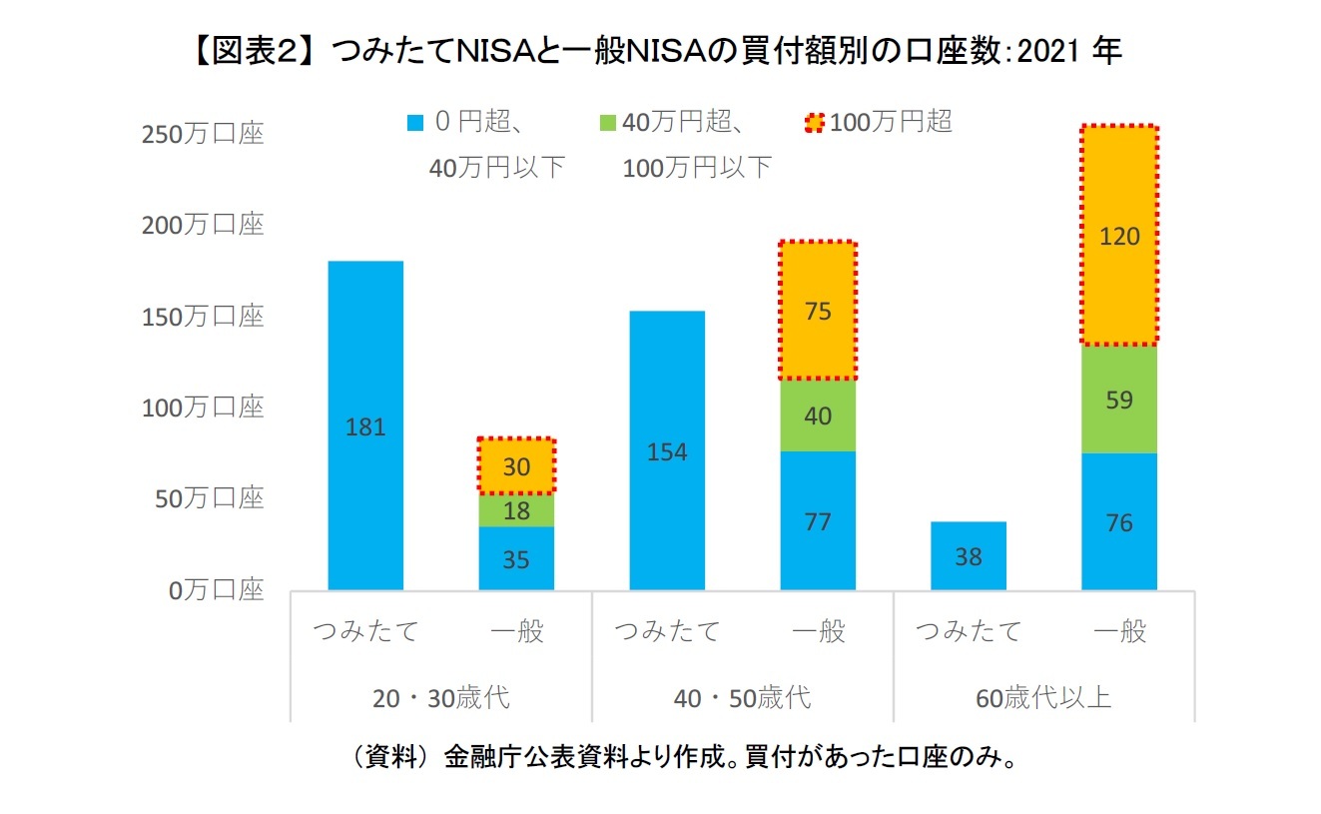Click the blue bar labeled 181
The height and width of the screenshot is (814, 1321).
(x=365, y=425)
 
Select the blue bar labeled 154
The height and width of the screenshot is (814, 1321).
(x=667, y=450)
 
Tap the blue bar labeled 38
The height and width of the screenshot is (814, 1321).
(x=968, y=556)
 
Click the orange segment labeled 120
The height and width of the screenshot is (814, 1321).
(x=1119, y=236)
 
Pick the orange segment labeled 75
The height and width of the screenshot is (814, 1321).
(x=818, y=311)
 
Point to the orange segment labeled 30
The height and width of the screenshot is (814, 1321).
(x=516, y=466)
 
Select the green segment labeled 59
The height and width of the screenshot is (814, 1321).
(x=1119, y=400)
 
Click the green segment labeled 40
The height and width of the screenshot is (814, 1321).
(x=818, y=415)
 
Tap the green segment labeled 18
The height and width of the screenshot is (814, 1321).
(x=516, y=510)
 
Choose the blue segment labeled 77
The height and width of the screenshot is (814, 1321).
(x=818, y=521)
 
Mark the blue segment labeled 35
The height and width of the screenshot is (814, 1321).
(x=516, y=558)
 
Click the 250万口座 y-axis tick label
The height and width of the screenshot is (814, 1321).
(x=203, y=134)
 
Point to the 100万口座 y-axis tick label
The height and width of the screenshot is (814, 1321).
(x=203, y=407)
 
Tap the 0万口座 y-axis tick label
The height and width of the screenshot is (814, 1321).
(x=216, y=590)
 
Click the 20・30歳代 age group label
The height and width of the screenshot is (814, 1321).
(x=440, y=697)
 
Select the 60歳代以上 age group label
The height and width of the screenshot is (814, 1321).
(x=1043, y=697)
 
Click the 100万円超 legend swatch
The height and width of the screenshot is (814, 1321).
(x=814, y=123)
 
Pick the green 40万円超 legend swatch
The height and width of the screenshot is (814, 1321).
(x=607, y=123)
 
